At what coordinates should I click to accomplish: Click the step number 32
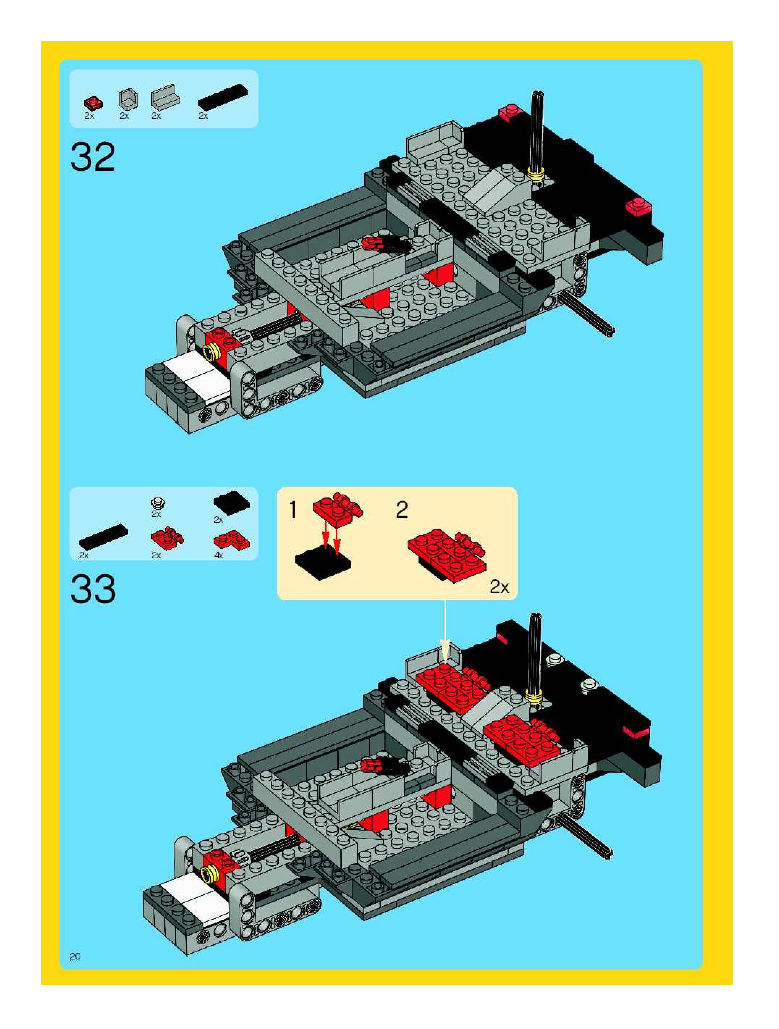(93, 157)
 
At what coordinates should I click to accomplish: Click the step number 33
(93, 589)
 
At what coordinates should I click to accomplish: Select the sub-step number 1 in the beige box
(293, 509)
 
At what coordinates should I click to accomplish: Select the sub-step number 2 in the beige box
(402, 509)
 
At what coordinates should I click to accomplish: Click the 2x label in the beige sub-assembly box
(499, 587)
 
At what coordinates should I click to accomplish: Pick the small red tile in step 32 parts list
(93, 103)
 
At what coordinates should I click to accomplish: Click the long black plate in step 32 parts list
(223, 97)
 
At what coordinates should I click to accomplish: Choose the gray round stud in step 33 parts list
(159, 503)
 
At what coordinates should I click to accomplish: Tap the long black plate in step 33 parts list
(103, 536)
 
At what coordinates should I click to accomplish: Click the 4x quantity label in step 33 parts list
(219, 555)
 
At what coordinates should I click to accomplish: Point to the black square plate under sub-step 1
(323, 564)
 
